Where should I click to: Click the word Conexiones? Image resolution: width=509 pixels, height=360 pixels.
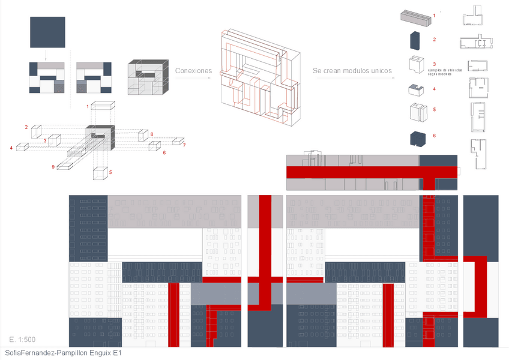[x=193, y=71]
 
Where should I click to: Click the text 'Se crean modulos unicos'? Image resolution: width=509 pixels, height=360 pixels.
[x=352, y=71]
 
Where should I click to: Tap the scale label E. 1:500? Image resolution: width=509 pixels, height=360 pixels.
[x=22, y=340]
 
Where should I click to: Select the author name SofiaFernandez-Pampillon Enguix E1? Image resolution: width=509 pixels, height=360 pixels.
[x=62, y=353]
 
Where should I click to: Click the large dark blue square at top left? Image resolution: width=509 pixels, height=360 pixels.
[x=46, y=32]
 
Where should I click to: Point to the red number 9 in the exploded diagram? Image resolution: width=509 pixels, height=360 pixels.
[x=53, y=166]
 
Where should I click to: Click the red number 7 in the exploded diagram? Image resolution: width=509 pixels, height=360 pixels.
[x=184, y=146]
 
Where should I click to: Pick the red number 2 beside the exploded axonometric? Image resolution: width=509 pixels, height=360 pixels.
[x=26, y=127]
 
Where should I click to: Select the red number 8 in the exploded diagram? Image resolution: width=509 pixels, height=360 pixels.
[x=152, y=134]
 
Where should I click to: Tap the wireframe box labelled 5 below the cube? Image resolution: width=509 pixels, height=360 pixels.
[x=101, y=173]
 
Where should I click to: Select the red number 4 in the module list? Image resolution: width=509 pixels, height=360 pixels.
[x=434, y=89]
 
